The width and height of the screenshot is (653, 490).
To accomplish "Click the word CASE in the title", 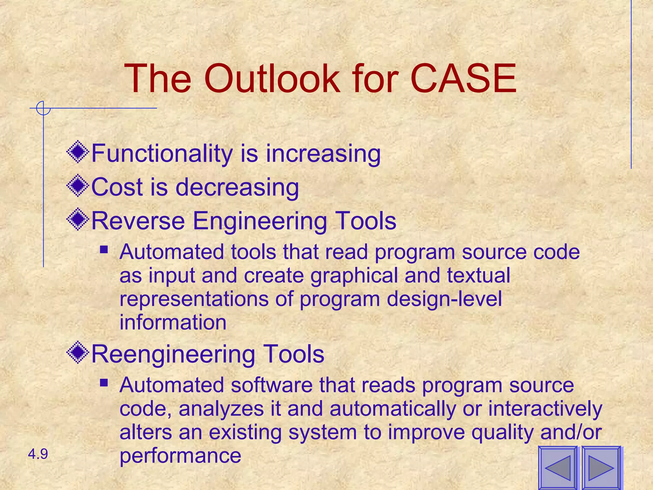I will (463, 78).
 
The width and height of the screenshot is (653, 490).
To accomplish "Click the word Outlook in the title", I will (272, 78).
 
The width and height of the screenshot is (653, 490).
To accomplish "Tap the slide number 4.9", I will (38, 454).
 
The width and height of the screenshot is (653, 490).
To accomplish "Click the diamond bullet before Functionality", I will (78, 152).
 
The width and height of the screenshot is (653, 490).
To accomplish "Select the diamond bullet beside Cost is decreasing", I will (78, 186).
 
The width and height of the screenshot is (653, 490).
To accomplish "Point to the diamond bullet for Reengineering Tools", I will (78, 353).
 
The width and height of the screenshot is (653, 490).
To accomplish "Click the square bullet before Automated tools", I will (104, 249).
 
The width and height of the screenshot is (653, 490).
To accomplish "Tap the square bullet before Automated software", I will (104, 382).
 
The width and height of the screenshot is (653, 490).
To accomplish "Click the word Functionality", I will (162, 154).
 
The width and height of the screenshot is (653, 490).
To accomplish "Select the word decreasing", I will (237, 187).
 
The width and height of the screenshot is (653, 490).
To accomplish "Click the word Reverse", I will (138, 221).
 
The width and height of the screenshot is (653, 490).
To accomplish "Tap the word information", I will (173, 322).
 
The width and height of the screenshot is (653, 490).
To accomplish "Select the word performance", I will (180, 456).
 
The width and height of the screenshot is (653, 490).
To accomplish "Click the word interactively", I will (545, 409).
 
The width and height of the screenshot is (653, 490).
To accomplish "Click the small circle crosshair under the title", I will (43, 108).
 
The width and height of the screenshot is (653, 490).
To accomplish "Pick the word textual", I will (478, 276).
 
